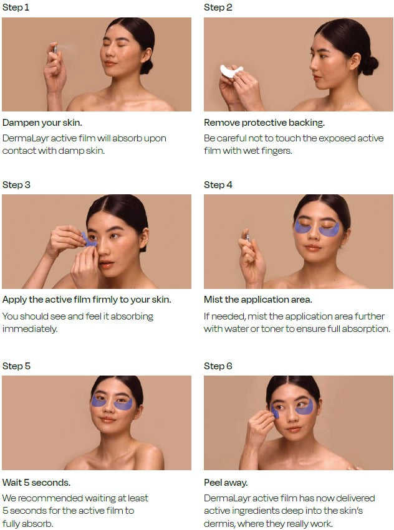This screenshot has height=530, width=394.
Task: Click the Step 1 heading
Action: coord(16,7)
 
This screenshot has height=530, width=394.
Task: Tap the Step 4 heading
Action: coord(218,185)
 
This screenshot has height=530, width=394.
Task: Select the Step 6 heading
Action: coord(218,366)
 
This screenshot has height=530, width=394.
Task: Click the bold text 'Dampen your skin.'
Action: coord(42,122)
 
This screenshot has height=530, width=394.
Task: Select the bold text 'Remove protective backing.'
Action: coord(264,122)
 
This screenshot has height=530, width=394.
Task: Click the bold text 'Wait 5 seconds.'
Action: coord(36,482)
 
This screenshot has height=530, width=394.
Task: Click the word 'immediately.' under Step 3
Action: coord(30,329)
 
